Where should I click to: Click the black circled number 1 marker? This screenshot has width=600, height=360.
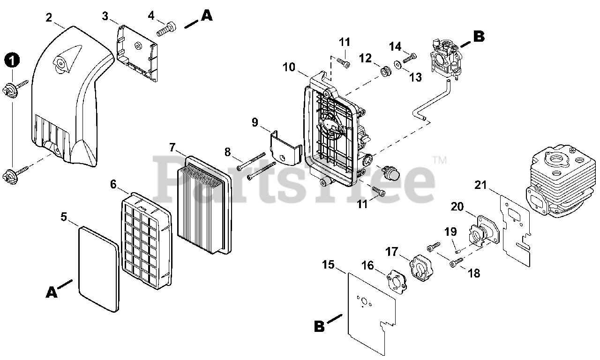point(12,60)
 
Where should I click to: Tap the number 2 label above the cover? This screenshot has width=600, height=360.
point(49,18)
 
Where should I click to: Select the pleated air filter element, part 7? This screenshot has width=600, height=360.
point(204,205)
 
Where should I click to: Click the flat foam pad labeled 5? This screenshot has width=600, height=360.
point(98,268)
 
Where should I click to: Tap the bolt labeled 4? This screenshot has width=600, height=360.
point(166,29)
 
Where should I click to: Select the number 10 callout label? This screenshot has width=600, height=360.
point(289,67)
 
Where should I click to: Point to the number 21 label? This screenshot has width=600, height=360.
point(480,185)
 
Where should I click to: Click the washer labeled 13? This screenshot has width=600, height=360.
point(397,64)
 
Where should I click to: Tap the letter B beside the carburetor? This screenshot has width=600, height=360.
point(478,37)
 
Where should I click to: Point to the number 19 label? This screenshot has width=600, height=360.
point(450,231)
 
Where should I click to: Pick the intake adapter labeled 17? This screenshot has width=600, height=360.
point(424,267)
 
